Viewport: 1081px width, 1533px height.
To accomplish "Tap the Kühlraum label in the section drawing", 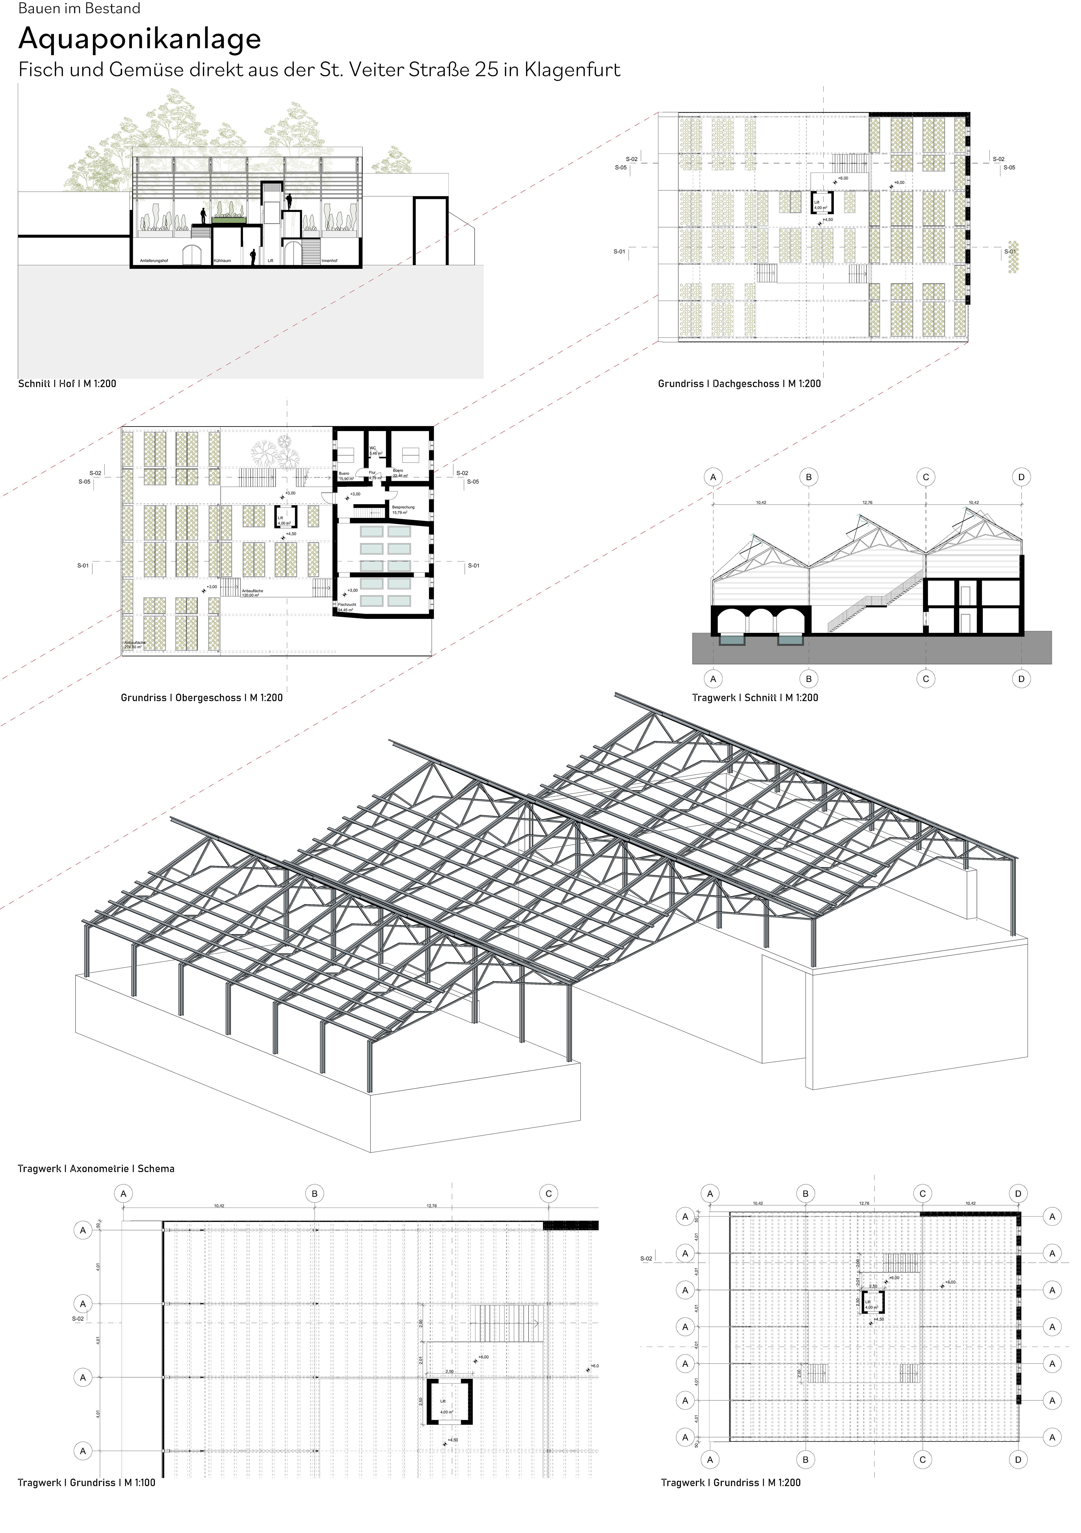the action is point(222,260).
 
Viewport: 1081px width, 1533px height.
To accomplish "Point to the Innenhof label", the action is point(329,260).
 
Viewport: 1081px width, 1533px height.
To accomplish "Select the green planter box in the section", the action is point(229,219).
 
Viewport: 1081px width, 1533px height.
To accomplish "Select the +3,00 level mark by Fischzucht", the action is point(352,590).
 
